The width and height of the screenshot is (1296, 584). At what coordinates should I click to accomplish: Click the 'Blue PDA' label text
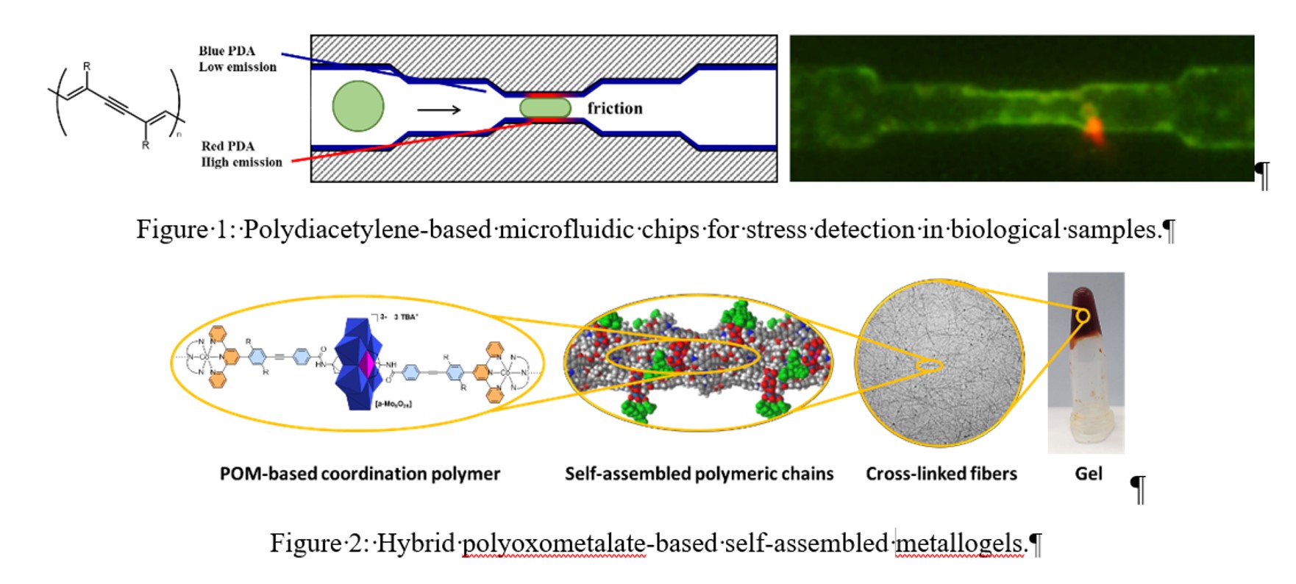point(227,51)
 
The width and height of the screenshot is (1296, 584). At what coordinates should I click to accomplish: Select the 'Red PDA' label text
point(228,146)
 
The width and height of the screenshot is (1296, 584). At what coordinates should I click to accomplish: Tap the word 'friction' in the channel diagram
point(615,108)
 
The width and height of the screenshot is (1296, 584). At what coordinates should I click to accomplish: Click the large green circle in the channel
point(358,106)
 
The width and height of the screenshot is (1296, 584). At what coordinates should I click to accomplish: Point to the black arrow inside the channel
point(439,110)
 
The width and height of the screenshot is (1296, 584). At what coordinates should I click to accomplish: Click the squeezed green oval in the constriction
point(545,107)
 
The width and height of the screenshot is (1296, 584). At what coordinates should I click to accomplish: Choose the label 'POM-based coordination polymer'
point(360,474)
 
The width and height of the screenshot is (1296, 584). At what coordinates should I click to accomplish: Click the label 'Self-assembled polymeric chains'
point(699,474)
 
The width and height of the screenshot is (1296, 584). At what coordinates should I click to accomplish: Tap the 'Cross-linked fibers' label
point(941,474)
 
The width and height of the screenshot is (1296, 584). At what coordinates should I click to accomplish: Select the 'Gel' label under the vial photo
point(1088,474)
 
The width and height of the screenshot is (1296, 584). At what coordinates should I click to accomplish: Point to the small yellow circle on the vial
point(1083,316)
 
